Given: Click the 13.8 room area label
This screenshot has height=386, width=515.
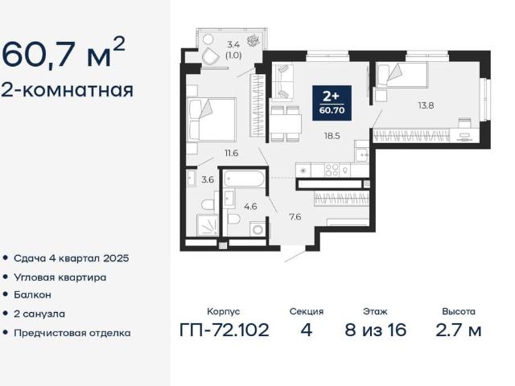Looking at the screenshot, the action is (x=426, y=105).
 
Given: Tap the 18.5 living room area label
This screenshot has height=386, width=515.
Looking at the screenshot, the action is (x=332, y=136).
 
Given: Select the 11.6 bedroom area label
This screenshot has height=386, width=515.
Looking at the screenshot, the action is (x=231, y=153).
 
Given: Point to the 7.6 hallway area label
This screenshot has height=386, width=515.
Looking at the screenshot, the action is (x=295, y=217).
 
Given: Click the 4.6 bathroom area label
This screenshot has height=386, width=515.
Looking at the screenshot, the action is (x=250, y=207).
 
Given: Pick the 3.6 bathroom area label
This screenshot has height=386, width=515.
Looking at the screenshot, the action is (x=208, y=180).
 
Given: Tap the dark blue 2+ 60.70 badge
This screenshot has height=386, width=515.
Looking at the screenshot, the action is (x=332, y=103).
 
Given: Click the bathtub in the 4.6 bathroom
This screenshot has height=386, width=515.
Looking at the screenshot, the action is (x=244, y=179).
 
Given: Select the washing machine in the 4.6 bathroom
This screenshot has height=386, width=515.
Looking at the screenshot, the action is (x=257, y=228).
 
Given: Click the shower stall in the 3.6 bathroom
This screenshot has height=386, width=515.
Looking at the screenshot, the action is (x=208, y=225).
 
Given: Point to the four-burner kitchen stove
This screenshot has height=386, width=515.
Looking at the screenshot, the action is (x=332, y=170).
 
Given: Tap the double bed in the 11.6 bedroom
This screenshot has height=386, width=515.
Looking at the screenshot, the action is (x=212, y=120).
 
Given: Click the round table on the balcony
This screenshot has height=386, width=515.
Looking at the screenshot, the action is (x=208, y=39).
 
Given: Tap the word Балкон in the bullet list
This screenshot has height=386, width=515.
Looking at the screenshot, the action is (x=32, y=295).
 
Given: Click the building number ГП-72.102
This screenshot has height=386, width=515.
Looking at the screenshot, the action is (x=225, y=330).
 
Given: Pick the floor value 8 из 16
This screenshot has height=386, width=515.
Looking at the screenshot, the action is (x=376, y=330).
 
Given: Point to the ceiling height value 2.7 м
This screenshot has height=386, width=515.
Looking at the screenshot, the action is (x=459, y=330).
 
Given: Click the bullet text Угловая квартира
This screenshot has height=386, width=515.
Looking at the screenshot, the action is (x=60, y=277).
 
